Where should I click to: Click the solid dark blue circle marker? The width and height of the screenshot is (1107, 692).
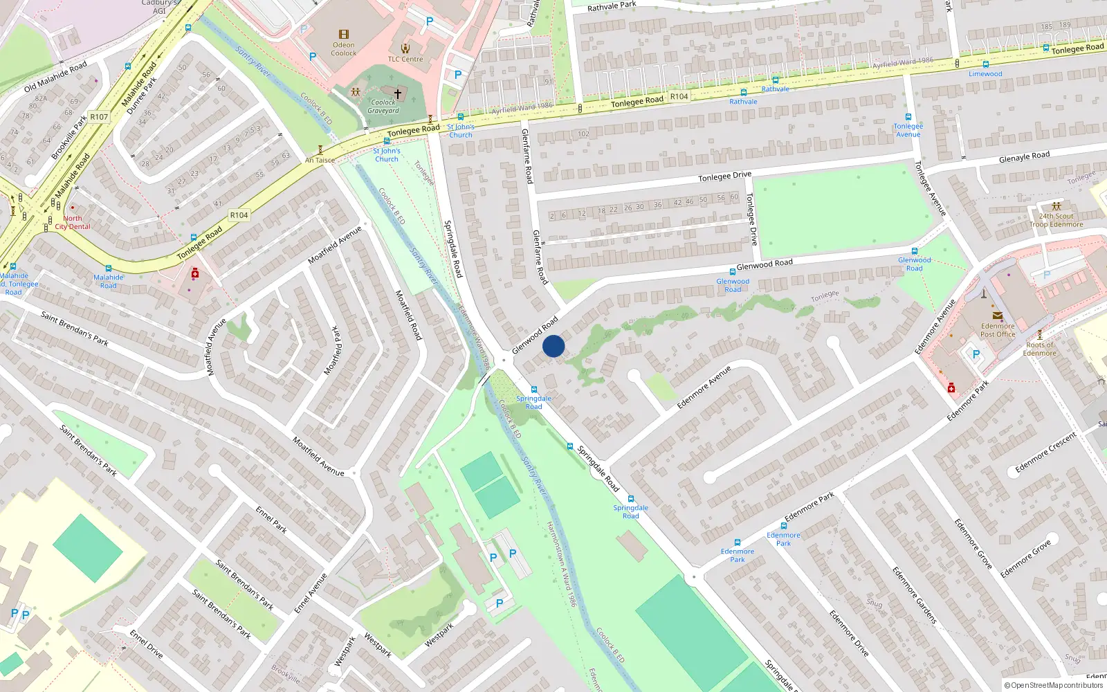[x=553, y=346]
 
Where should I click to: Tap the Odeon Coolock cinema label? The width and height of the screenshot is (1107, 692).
[x=344, y=49]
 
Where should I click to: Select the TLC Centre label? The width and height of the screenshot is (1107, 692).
[x=405, y=59]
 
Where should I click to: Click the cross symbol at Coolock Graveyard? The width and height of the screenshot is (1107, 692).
[x=398, y=93]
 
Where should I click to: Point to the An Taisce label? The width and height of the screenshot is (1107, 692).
[x=320, y=160]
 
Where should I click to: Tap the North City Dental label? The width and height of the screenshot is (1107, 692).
[x=73, y=222]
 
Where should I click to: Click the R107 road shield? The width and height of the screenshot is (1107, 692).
[x=99, y=117]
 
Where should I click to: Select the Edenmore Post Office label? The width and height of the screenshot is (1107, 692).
[x=998, y=330]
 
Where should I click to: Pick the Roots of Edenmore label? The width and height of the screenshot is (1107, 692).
[x=1040, y=349]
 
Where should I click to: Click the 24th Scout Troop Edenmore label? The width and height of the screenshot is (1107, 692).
[x=1056, y=220]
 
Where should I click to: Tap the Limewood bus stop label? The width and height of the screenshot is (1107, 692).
[x=985, y=74]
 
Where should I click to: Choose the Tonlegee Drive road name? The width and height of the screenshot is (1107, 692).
[x=724, y=176]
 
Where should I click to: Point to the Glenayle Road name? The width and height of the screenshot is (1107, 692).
[x=1024, y=157]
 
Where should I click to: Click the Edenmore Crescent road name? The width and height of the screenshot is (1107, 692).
[x=1046, y=453]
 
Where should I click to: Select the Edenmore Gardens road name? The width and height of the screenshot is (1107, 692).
[x=914, y=595]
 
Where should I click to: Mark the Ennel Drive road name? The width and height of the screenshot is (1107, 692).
[x=146, y=644]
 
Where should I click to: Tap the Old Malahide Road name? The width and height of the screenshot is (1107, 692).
[x=55, y=76]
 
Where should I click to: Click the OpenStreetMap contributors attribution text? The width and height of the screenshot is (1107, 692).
[x=1054, y=685]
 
